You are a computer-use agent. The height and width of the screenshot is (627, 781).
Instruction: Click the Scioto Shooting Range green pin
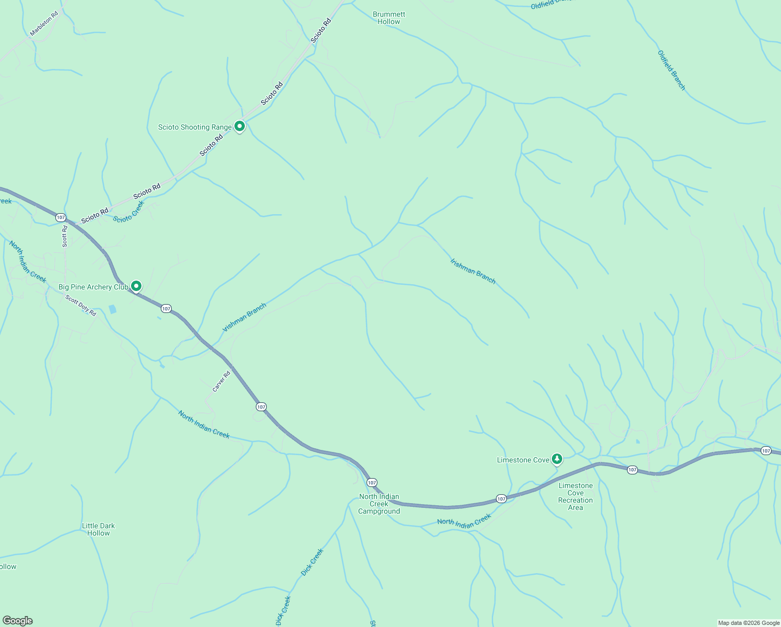pos(240,126)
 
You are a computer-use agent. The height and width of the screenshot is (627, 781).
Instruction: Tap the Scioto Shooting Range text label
pos(195,127)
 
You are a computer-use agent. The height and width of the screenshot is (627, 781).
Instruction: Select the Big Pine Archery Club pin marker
pos(136,286)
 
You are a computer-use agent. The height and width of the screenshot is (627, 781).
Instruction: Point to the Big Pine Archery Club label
pos(93,287)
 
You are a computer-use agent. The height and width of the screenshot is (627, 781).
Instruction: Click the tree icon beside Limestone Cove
pos(557,459)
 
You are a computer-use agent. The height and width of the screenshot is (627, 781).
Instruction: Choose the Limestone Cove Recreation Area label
pos(575,496)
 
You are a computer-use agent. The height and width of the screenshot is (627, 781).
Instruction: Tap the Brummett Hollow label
pos(389,18)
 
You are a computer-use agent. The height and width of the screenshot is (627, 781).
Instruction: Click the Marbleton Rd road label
pos(44,24)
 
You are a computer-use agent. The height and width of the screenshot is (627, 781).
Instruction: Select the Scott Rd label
pos(65,236)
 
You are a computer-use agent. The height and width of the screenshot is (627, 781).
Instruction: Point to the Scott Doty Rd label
pos(81,305)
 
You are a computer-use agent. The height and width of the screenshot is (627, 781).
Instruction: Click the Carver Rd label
pos(221,381)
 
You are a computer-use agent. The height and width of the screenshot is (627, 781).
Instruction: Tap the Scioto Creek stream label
pos(128,212)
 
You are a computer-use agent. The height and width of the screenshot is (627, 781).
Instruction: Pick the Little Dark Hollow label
pos(98,529)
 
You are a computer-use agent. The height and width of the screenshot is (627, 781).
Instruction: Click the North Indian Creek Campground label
pos(379,504)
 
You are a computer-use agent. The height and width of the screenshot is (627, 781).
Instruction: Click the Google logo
pos(17,621)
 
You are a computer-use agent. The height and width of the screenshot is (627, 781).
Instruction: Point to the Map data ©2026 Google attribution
pos(749,623)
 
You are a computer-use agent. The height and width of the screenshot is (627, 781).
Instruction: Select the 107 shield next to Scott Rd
pos(61,217)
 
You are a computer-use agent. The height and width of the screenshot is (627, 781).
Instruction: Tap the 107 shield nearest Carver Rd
pos(261,407)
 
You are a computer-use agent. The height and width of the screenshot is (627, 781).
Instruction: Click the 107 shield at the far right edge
pos(765,450)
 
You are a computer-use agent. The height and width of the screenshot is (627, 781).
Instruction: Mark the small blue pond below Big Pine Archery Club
pos(113,309)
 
